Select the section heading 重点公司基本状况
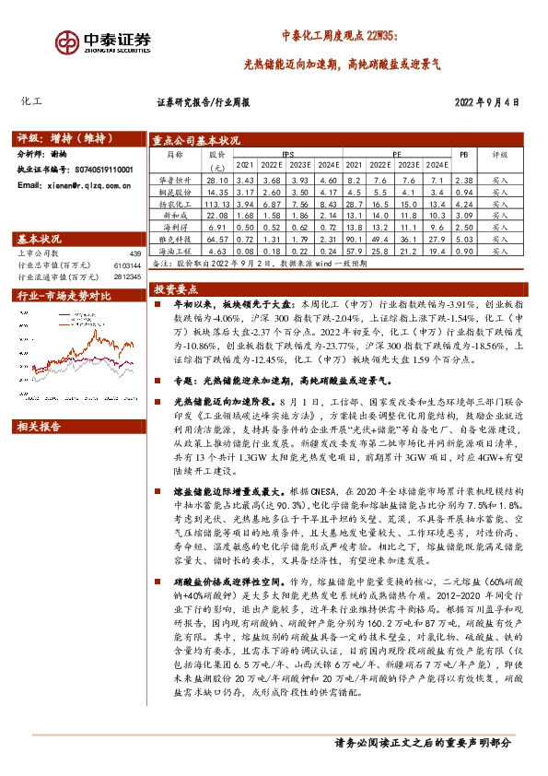point(198,139)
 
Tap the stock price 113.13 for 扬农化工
point(217,203)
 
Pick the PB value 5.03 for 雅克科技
point(465,238)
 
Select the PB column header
point(465,155)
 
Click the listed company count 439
point(135,253)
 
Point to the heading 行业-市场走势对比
point(64,296)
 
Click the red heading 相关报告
point(40,400)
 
